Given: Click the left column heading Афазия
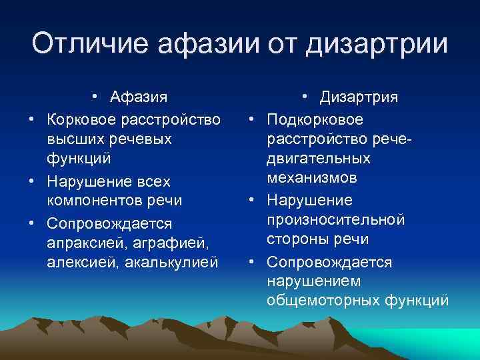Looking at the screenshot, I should point(139,97).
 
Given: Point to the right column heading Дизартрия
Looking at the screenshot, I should point(359,97).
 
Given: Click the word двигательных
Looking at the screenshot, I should point(319,159).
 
